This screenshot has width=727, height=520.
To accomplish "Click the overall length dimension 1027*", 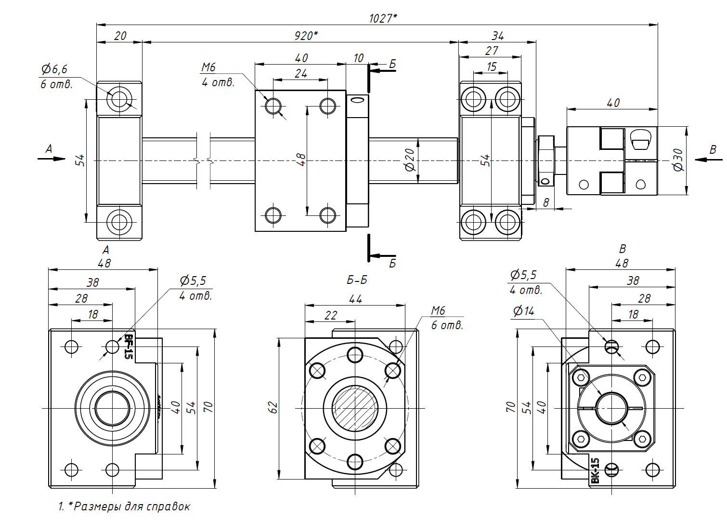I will pyautogui.click(x=383, y=18).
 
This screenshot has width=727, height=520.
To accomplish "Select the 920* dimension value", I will pyautogui.click(x=306, y=36).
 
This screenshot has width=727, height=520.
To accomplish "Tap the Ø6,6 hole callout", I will pyautogui.click(x=54, y=70).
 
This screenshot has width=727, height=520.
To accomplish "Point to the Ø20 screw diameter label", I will pyautogui.click(x=410, y=160).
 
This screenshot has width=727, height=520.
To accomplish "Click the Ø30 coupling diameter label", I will pyautogui.click(x=678, y=160).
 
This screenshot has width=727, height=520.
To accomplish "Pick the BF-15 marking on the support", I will pyautogui.click(x=128, y=347).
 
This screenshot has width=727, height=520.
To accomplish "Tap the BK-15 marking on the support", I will pyautogui.click(x=595, y=470).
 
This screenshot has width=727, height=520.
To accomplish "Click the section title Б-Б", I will pyautogui.click(x=357, y=280).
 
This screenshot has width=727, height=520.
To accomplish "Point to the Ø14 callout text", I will pyautogui.click(x=524, y=311).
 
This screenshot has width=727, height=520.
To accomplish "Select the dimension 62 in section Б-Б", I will pyautogui.click(x=273, y=408).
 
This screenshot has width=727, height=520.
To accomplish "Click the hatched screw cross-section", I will pyautogui.click(x=355, y=408).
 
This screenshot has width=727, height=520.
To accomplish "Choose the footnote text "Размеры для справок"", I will pyautogui.click(x=131, y=507).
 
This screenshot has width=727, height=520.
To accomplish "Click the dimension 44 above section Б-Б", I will pyautogui.click(x=355, y=299).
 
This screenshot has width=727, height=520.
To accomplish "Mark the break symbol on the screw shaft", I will pyautogui.click(x=204, y=160).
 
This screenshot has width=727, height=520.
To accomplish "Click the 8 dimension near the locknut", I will pyautogui.click(x=545, y=203).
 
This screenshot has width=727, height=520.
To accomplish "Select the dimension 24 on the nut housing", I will pyautogui.click(x=301, y=74).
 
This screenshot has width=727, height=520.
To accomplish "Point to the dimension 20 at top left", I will pyautogui.click(x=120, y=36).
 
